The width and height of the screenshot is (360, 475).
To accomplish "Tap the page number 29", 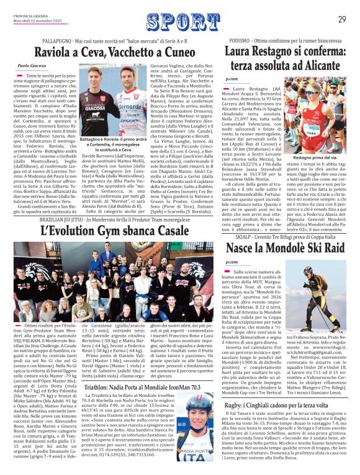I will click(x=342, y=19).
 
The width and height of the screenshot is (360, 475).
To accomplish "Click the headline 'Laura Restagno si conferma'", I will click(x=286, y=55).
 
